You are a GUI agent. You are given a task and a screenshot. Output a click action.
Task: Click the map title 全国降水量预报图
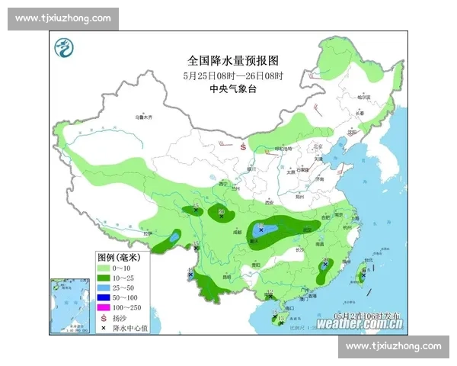pos(233,59)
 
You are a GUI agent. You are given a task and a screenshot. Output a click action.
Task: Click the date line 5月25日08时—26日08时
pos(233,75)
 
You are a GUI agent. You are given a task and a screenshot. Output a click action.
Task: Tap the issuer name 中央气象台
pos(233,89)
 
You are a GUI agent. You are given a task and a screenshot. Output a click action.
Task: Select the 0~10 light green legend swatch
pos(104,268)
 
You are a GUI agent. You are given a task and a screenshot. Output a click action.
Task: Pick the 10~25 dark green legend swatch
pos(104,278)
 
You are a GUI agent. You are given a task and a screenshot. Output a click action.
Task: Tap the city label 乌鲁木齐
pos(144,117)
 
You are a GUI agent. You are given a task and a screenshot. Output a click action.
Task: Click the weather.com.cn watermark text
pos(360,323)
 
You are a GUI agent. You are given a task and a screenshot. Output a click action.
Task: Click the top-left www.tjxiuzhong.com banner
pos(63,18)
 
